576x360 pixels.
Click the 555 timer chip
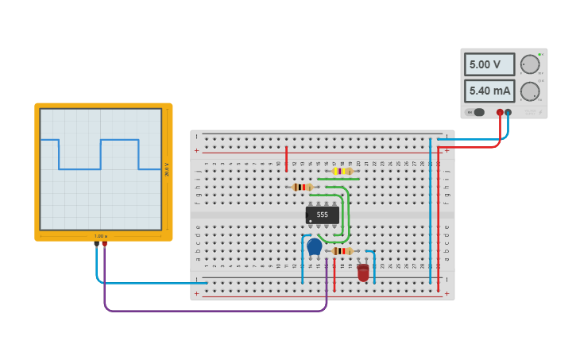click(x=322, y=215)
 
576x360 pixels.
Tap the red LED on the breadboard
click(x=363, y=273)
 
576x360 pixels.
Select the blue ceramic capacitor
click(x=315, y=247)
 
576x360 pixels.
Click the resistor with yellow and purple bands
click(x=342, y=171)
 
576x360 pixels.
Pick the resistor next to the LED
click(x=342, y=251)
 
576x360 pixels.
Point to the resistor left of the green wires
click(x=302, y=188)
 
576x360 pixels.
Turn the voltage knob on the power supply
click(x=529, y=64)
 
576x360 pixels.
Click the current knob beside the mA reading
click(x=529, y=91)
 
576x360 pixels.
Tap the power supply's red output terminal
click(x=500, y=113)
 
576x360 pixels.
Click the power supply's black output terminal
click(x=508, y=113)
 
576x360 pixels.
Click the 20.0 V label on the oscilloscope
click(x=166, y=169)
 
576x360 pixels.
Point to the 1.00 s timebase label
click(x=101, y=236)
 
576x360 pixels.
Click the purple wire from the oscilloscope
click(x=215, y=310)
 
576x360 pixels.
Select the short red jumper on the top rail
click(x=286, y=159)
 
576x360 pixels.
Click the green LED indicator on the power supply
click(x=540, y=55)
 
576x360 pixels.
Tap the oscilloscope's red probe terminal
click(x=104, y=244)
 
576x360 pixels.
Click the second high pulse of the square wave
click(x=119, y=140)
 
